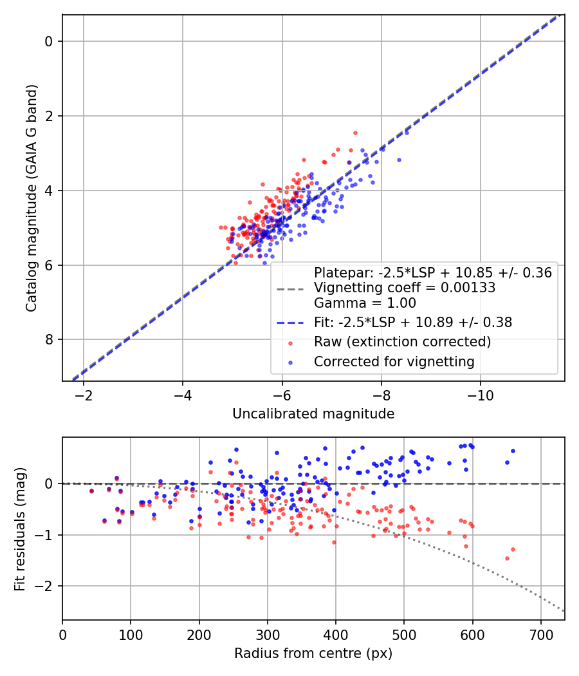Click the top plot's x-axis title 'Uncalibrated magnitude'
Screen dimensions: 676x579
tap(313, 414)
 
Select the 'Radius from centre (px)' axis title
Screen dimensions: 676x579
tap(313, 653)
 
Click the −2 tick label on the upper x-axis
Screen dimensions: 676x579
tap(83, 397)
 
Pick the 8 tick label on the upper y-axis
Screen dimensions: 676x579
tap(49, 340)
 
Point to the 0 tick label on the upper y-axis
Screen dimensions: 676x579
tap(49, 42)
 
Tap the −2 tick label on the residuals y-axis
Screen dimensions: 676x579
tap(45, 587)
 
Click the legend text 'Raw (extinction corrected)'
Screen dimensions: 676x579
tap(402, 342)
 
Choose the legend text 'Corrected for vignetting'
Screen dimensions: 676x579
tap(394, 362)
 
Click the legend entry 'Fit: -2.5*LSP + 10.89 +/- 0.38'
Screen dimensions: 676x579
tap(412, 323)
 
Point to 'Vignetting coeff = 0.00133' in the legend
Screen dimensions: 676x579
tap(404, 288)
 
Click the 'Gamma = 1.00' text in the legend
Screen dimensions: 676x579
tap(365, 303)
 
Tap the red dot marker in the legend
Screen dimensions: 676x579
tap(291, 342)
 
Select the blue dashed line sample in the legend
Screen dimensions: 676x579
tap(290, 323)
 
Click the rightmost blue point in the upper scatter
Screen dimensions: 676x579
tap(399, 160)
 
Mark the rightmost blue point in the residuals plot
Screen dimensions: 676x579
tap(513, 451)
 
